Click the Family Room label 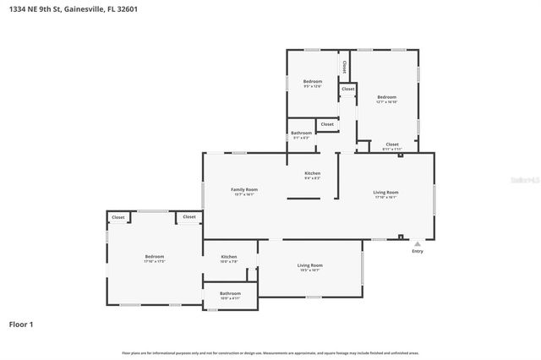[244, 190]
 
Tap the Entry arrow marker [417, 243]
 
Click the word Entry [417, 251]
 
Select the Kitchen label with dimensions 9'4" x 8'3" [312, 173]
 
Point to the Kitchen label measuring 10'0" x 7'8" [228, 257]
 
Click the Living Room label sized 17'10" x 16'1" [385, 193]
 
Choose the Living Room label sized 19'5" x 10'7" [309, 266]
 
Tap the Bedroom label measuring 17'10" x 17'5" [154, 257]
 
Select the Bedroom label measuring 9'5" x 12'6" [313, 82]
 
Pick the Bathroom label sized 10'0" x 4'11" [230, 294]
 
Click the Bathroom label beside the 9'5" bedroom [302, 133]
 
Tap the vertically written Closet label [344, 64]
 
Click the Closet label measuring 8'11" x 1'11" [391, 145]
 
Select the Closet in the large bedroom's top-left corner [117, 217]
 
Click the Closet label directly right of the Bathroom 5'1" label [327, 124]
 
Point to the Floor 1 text [21, 324]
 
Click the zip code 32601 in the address [127, 9]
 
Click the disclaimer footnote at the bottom [270, 352]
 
